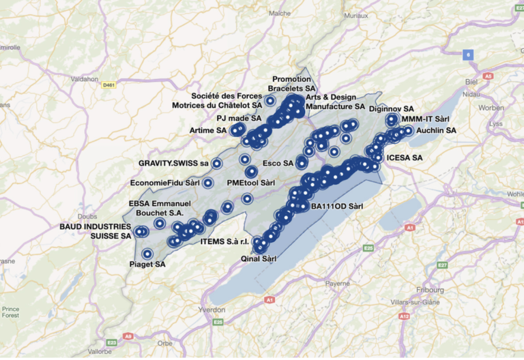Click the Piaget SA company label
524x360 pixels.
coord(147,265)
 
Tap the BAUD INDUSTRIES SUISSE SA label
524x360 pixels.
coord(96,230)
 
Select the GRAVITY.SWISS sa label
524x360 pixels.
coord(173,164)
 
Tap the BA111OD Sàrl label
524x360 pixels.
coord(337,205)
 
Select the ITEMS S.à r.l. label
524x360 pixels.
coord(226,241)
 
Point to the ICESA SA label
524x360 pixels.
coord(405,158)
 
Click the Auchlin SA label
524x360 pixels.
coord(437,130)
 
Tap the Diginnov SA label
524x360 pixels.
coord(391,108)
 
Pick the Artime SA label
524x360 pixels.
coord(207,130)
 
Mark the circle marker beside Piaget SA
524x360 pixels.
coord(147,254)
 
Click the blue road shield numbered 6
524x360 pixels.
coord(468,55)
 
